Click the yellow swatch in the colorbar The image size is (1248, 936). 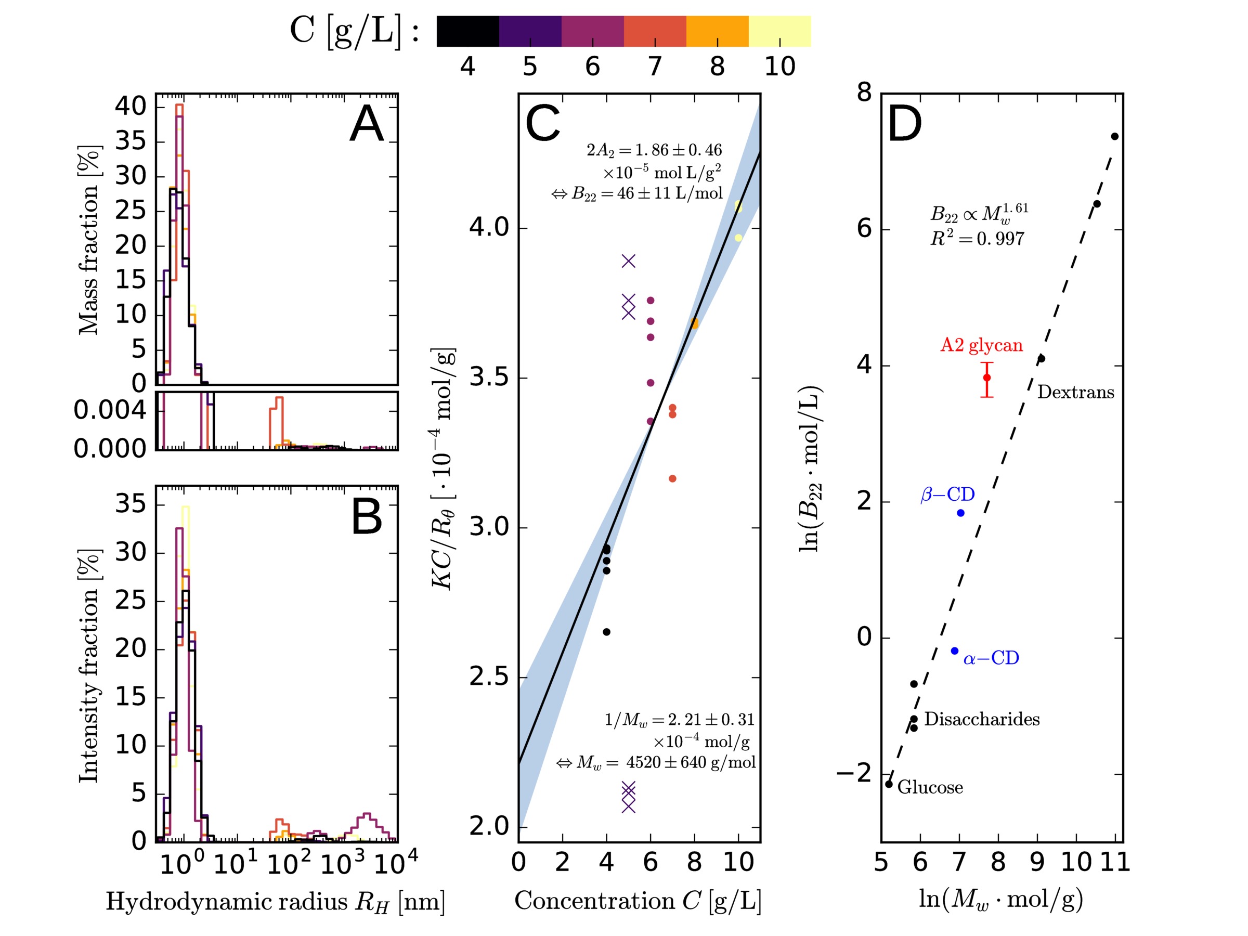click(x=779, y=31)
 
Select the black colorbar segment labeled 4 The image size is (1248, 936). click(x=467, y=31)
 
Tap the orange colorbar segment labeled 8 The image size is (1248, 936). click(x=717, y=31)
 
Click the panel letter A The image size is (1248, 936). click(x=367, y=125)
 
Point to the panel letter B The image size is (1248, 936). click(x=367, y=517)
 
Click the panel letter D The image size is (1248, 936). click(x=904, y=125)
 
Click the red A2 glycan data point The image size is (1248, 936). click(x=987, y=378)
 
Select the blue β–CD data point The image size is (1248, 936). click(x=960, y=513)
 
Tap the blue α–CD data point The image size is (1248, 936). click(x=955, y=651)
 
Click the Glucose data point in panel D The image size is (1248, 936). click(x=889, y=784)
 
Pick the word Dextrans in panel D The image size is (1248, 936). click(x=1075, y=392)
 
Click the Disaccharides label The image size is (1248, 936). click(x=982, y=719)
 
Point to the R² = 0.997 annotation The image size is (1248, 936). click(x=977, y=239)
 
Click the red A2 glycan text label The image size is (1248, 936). click(x=981, y=345)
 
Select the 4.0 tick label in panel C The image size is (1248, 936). click(x=489, y=227)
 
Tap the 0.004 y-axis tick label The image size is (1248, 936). click(x=110, y=410)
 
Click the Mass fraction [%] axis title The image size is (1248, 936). click(x=89, y=240)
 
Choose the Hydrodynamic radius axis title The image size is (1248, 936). click(x=275, y=902)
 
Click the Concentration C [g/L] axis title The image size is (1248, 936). click(x=638, y=901)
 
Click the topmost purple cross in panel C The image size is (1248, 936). click(x=629, y=261)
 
